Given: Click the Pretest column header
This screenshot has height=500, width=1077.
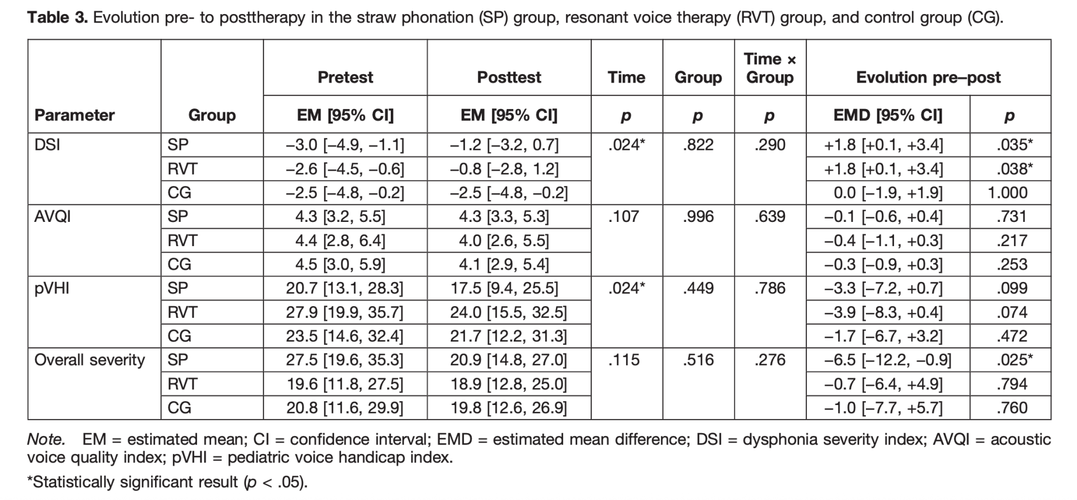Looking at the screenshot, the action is (x=345, y=77).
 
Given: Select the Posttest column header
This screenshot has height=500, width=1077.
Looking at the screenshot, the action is (x=509, y=77).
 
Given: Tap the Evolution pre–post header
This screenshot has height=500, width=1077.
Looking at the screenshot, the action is (x=928, y=77).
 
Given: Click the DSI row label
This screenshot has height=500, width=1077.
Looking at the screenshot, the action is (x=47, y=145).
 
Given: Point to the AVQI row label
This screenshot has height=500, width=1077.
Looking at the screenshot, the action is (x=52, y=216).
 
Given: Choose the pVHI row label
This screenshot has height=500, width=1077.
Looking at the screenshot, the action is (x=51, y=288).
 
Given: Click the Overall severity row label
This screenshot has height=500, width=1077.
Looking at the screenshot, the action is (x=90, y=360).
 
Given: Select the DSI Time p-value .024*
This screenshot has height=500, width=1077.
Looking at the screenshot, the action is (x=626, y=145).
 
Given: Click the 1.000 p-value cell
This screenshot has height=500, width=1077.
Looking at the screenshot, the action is (x=1007, y=193).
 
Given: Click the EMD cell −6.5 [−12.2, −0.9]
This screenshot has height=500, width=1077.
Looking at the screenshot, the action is (x=888, y=360).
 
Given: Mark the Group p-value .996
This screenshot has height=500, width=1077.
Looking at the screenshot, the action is (x=698, y=216).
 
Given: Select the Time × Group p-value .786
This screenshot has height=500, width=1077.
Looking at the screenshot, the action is (x=770, y=288).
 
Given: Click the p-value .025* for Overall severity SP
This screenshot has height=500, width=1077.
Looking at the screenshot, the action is (x=1015, y=360).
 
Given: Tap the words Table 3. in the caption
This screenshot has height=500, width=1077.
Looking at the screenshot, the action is (x=58, y=17).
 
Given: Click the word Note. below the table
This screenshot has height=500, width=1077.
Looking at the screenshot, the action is (x=46, y=439).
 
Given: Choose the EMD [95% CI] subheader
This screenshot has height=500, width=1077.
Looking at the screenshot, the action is (x=888, y=115).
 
